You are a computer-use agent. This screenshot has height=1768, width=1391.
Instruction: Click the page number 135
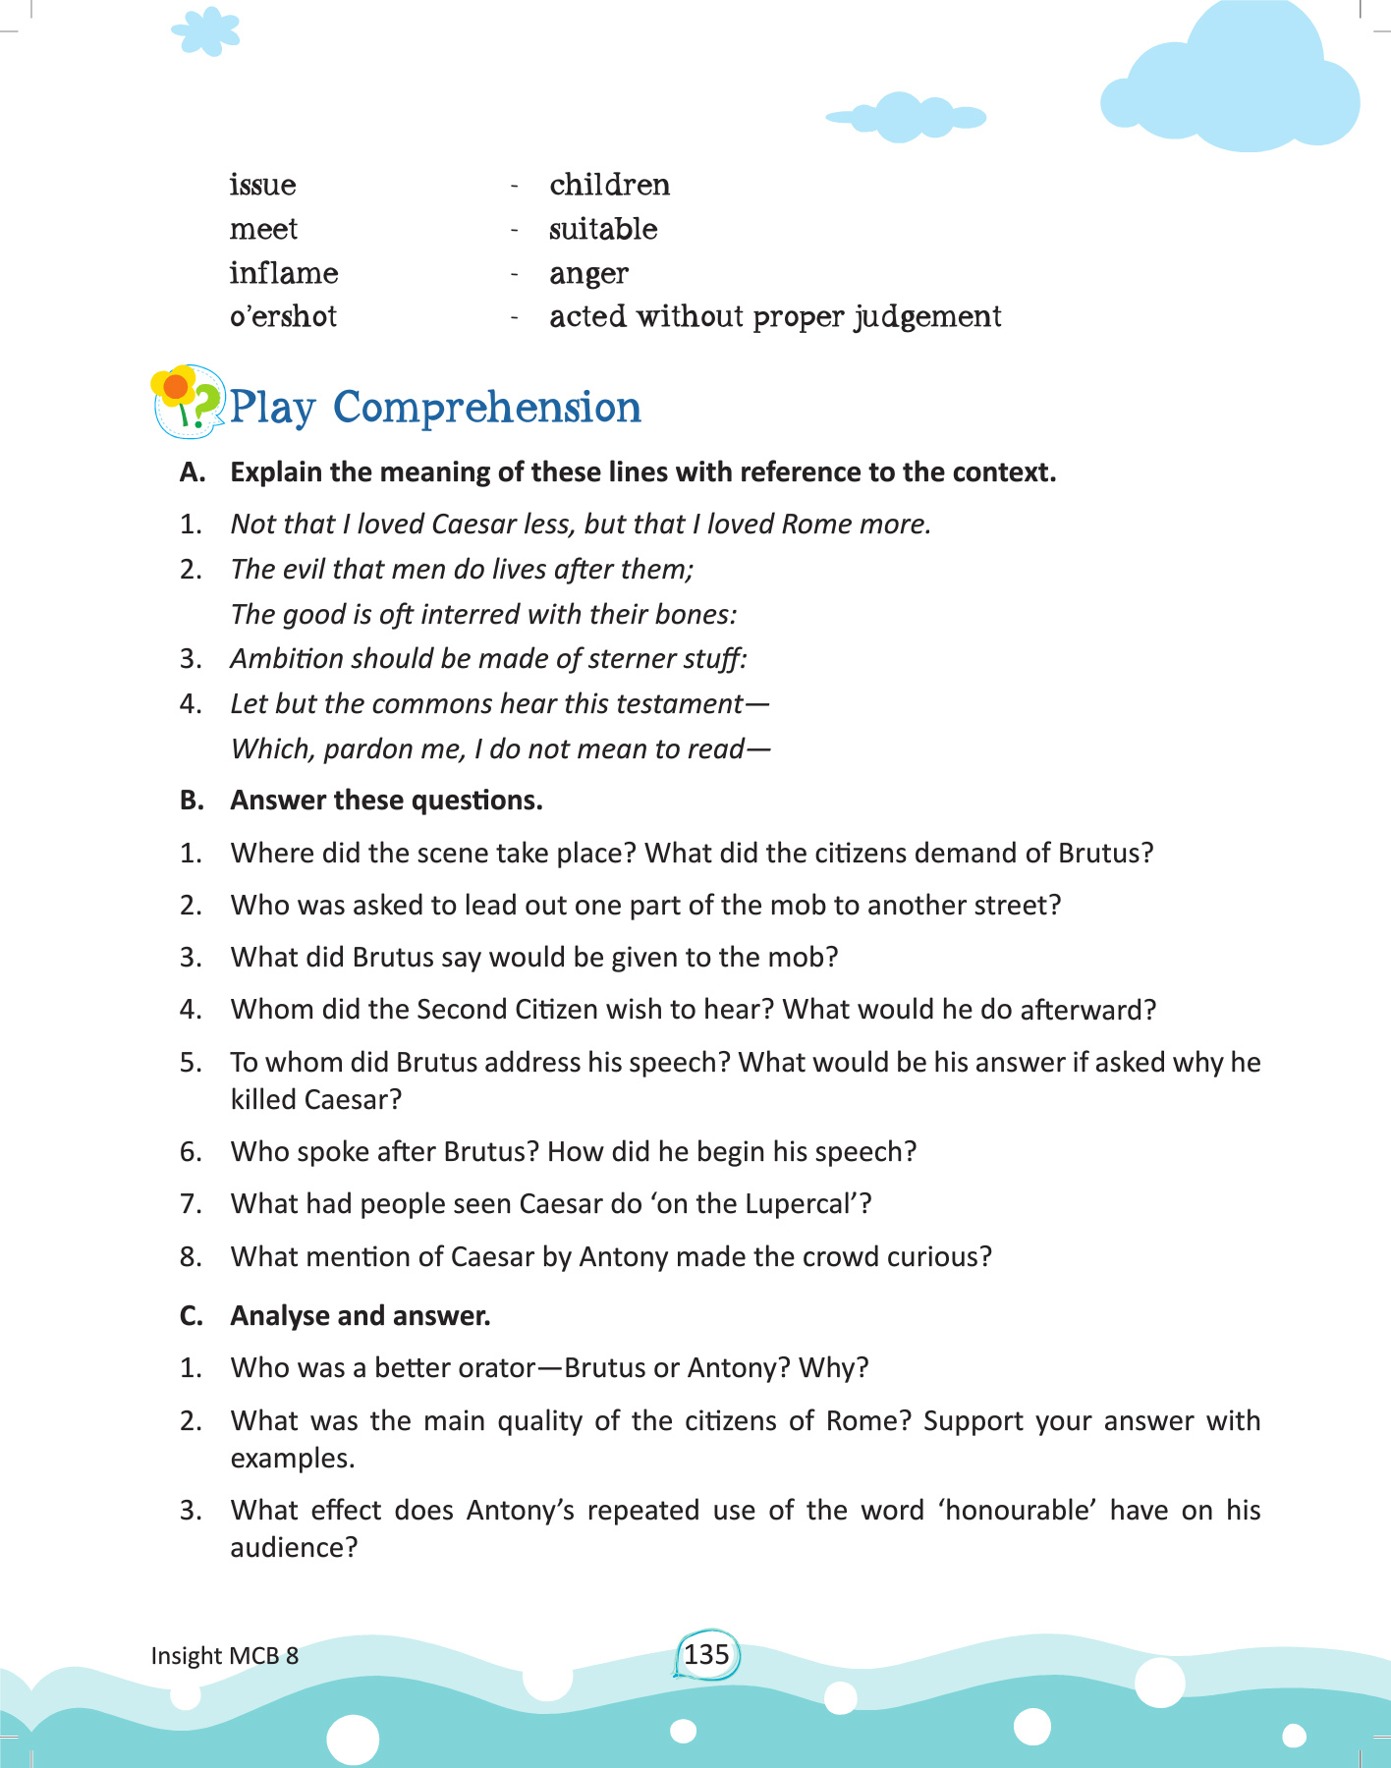706,1655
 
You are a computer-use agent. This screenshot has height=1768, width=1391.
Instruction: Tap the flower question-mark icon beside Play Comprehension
187,402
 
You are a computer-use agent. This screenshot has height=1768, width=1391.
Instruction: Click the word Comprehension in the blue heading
486,408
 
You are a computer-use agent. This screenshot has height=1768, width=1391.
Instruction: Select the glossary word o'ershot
283,316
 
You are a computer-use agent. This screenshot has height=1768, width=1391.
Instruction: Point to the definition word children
609,185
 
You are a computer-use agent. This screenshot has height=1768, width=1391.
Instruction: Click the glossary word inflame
284,273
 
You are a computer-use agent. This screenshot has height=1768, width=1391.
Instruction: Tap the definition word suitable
603,229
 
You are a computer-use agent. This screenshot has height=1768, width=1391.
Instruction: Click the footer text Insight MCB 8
224,1656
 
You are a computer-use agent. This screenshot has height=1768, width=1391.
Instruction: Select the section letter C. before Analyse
191,1316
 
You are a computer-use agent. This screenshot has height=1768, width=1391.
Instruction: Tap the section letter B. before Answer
192,801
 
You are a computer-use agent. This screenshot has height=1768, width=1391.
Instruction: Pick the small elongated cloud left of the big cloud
906,117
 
